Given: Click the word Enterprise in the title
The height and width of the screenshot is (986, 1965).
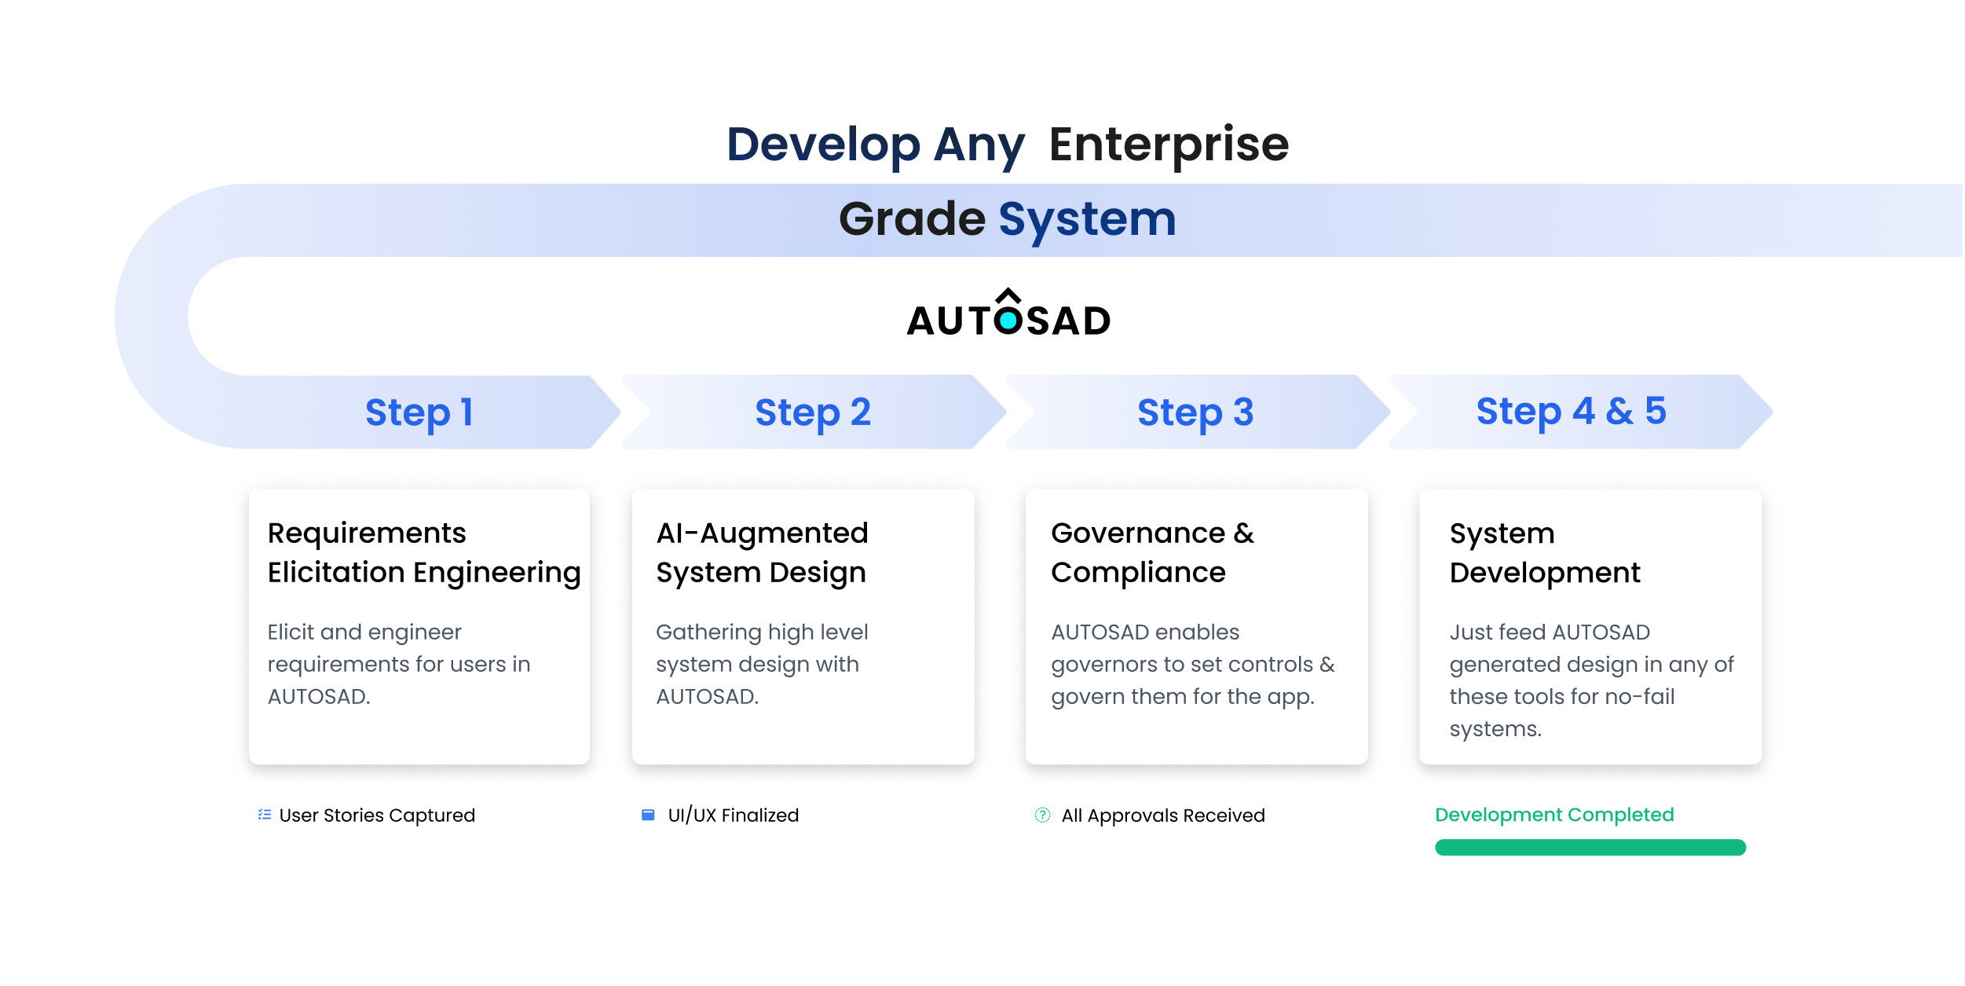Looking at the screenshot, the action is point(1169,145).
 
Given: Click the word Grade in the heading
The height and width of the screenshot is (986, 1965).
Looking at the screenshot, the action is point(911,219).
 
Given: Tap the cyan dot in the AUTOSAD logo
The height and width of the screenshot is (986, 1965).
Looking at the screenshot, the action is point(1008,321).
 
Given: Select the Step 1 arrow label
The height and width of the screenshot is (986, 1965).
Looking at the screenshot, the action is point(419,412).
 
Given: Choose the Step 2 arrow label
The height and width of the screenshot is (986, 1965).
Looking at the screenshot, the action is point(813,412).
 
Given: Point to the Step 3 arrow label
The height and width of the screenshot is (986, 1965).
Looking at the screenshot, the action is point(1195,412).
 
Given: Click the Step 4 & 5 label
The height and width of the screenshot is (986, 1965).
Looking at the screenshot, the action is point(1571,411).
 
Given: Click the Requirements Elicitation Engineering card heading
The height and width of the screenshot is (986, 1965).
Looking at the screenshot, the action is point(423,552).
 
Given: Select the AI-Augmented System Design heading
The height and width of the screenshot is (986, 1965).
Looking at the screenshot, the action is point(762,552).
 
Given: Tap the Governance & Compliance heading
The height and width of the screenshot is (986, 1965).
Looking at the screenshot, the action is point(1152,552).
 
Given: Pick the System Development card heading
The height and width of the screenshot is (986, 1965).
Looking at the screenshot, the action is point(1544,552).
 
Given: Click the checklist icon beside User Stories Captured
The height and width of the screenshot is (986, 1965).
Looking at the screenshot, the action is point(265,815).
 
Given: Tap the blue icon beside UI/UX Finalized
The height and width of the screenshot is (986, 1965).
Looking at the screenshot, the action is point(648,815).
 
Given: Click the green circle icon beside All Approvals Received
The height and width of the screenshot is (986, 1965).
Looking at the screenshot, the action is point(1042,815).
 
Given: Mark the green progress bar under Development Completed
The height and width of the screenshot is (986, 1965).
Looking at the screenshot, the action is point(1590,847).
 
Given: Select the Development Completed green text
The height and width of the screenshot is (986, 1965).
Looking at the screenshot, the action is point(1553,815).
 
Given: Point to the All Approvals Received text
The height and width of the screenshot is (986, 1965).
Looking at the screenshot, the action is point(1162,816).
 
